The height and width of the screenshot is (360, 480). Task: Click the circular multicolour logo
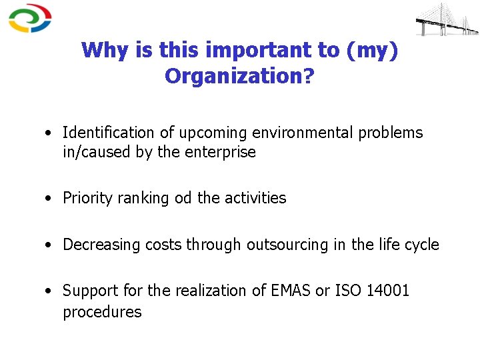[x=30, y=19]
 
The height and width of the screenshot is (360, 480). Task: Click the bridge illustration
[x=447, y=19]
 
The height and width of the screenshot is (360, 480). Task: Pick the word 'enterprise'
[x=222, y=152]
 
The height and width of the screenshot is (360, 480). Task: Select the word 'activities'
[x=255, y=198]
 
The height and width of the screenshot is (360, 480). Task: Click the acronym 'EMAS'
[x=281, y=291]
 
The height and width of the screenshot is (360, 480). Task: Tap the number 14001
[x=388, y=291]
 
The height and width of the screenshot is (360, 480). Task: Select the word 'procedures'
[x=102, y=312]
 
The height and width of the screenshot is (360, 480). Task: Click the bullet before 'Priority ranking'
[x=50, y=199]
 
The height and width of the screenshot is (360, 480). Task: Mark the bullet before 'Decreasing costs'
[x=50, y=245]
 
